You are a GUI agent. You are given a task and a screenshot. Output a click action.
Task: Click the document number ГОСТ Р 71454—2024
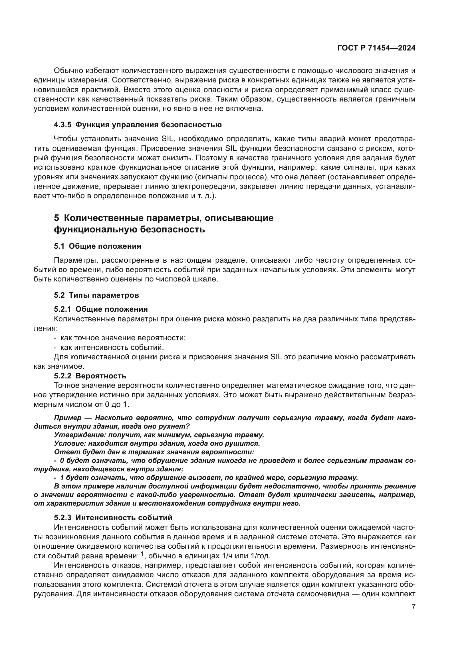(x=376, y=48)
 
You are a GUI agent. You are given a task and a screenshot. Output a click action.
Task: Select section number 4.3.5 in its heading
(x=62, y=125)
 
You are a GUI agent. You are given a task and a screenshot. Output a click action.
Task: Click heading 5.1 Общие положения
(x=97, y=246)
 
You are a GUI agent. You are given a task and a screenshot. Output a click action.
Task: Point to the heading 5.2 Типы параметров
(x=96, y=295)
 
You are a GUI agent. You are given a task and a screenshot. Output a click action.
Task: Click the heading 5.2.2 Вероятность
(x=90, y=376)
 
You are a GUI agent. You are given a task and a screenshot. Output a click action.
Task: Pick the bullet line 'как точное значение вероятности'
(x=123, y=338)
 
